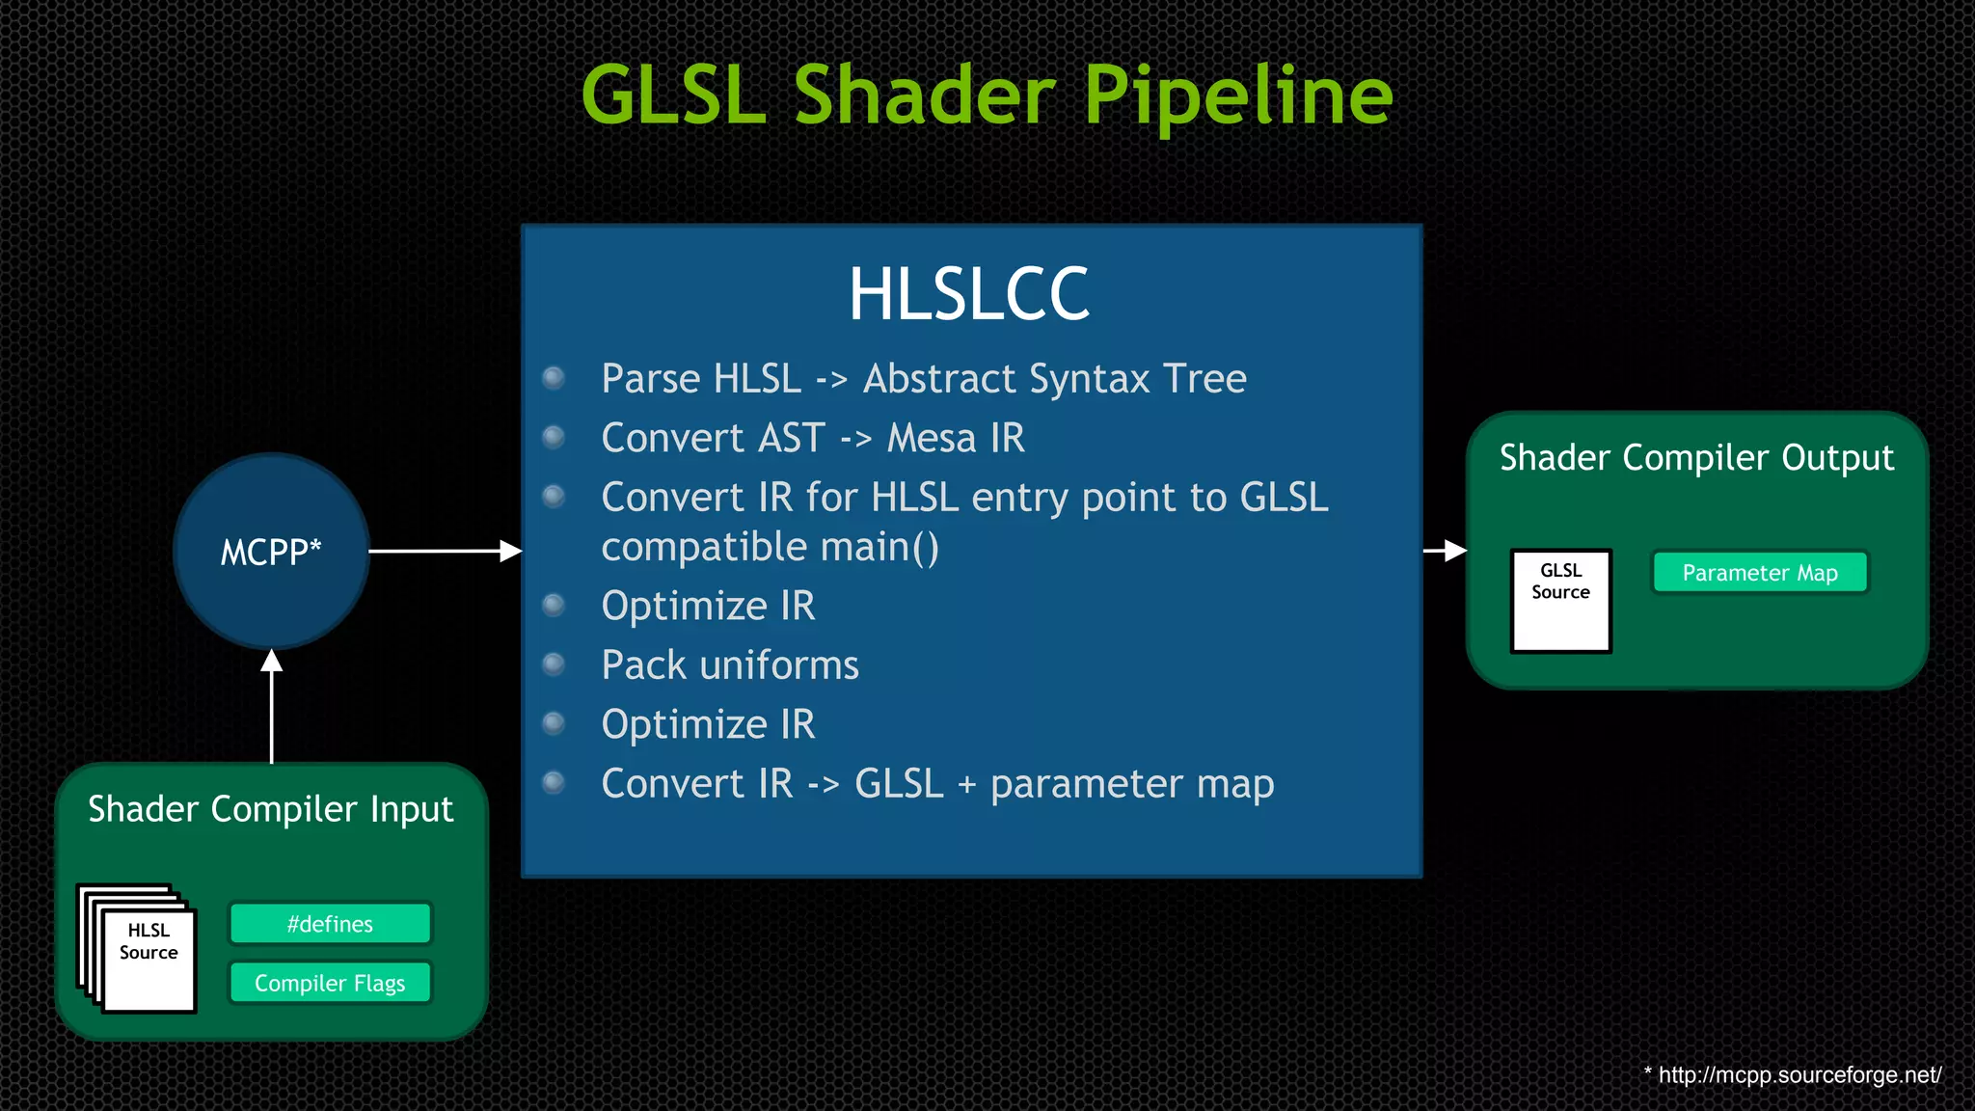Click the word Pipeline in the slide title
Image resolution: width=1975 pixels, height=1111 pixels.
point(1238,96)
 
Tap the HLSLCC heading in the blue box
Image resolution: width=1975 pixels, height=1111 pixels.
point(968,294)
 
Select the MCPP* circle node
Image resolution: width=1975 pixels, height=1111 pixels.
point(271,552)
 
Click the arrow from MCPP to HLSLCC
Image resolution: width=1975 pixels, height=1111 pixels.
point(444,552)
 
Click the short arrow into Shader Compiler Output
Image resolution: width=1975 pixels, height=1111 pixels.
point(1445,551)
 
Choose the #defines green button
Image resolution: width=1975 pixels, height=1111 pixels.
point(330,924)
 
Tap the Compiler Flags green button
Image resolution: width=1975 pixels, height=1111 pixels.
point(330,983)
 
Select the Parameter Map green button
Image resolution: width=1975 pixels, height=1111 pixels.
point(1760,573)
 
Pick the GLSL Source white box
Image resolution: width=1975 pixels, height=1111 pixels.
point(1560,601)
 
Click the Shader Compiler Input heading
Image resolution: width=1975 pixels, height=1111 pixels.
point(271,809)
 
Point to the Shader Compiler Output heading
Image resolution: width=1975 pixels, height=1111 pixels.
point(1696,457)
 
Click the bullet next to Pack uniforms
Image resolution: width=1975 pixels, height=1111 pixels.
point(554,664)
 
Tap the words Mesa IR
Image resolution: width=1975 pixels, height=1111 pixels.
point(956,439)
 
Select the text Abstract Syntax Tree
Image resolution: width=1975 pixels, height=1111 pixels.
point(1054,379)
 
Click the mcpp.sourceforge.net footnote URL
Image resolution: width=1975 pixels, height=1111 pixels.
point(1799,1074)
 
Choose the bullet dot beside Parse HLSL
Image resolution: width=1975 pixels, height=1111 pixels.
point(554,377)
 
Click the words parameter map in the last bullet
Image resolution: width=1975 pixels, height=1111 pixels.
point(1131,784)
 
